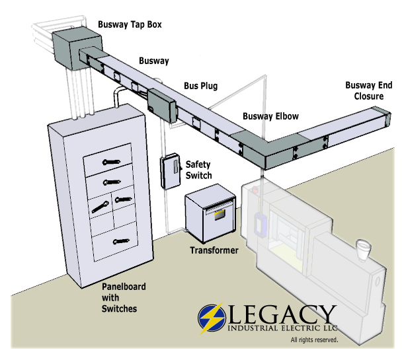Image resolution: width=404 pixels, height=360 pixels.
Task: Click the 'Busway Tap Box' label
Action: pos(130,26)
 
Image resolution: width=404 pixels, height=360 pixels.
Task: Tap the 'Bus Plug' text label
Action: pos(200,87)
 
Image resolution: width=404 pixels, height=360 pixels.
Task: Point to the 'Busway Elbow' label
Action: pos(270,116)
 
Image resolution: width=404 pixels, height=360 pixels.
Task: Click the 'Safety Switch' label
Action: pos(198,169)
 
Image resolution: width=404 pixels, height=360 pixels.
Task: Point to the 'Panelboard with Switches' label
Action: pos(124,298)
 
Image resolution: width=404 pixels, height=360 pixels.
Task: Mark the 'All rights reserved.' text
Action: pos(314,340)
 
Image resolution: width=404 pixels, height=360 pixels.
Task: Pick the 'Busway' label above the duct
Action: pos(153,61)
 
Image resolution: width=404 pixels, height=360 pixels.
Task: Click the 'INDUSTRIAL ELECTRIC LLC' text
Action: pos(284,328)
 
